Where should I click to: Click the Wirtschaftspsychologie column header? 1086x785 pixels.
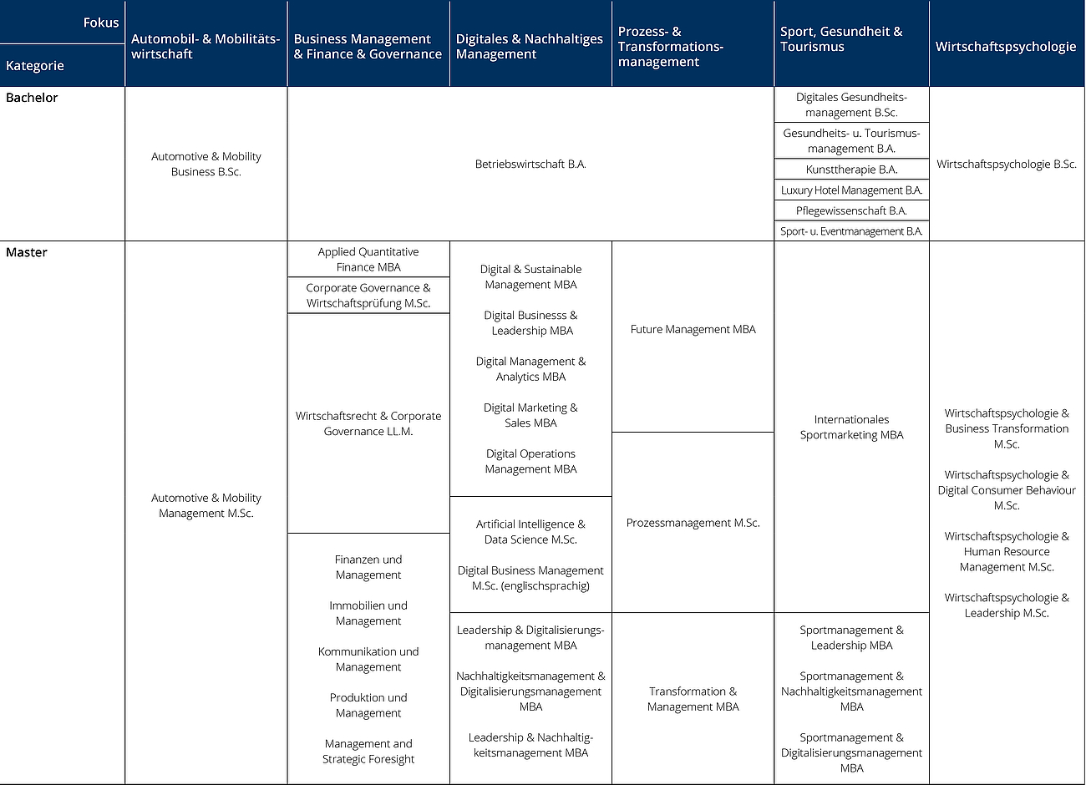1006,47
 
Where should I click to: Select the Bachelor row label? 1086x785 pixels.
32,98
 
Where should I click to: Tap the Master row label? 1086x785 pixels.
27,252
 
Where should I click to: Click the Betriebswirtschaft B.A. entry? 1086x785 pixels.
530,165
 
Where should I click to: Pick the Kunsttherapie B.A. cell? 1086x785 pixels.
851,170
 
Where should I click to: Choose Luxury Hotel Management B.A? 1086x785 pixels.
851,190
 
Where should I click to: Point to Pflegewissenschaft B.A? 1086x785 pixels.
851,211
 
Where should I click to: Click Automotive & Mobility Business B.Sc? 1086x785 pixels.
206,165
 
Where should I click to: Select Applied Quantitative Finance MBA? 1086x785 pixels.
368,260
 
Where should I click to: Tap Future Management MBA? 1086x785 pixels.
693,330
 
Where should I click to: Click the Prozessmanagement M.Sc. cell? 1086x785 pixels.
693,524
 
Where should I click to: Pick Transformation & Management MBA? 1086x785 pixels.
693,699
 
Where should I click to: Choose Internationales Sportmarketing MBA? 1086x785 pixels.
851,428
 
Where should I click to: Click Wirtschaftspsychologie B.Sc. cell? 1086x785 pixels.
1006,165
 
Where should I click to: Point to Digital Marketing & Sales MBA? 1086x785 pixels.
530,416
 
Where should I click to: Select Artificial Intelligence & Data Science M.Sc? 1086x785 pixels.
530,532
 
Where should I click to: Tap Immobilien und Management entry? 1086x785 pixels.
368,614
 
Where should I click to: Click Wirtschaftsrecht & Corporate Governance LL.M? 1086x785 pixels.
368,424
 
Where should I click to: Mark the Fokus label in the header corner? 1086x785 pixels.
101,23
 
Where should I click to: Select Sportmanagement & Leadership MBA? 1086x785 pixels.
851,638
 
